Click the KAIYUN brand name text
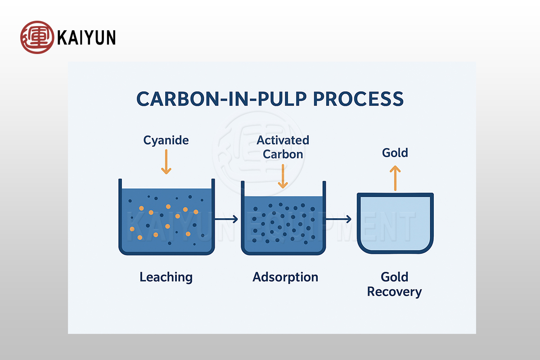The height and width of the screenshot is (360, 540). click(x=86, y=37)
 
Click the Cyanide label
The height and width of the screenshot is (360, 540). click(x=166, y=140)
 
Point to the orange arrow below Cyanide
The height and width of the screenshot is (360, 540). click(x=166, y=162)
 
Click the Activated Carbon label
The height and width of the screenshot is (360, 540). click(x=283, y=147)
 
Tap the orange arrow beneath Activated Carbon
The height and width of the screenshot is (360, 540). click(x=283, y=176)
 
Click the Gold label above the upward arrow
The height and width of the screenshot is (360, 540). click(x=395, y=153)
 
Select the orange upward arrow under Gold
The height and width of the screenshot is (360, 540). click(x=395, y=177)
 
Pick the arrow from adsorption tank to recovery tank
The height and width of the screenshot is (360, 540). click(x=339, y=220)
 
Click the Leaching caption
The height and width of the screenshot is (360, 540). click(x=166, y=277)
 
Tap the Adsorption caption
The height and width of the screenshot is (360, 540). click(x=285, y=277)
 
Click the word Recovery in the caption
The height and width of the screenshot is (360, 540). click(x=395, y=292)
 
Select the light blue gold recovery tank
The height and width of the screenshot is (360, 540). click(x=395, y=223)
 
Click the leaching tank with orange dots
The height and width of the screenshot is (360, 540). click(x=166, y=218)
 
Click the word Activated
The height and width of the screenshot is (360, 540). click(x=283, y=140)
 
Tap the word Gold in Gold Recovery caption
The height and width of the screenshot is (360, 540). click(x=395, y=277)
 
